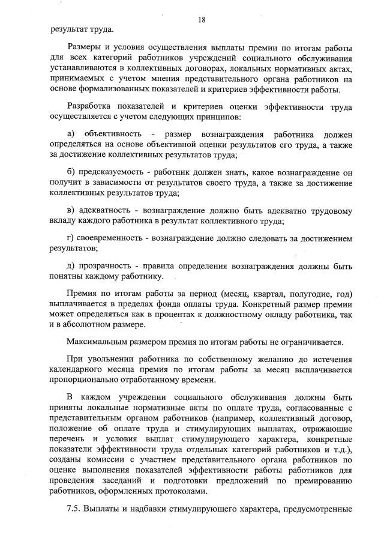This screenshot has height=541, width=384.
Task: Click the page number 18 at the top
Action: pos(202,19)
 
